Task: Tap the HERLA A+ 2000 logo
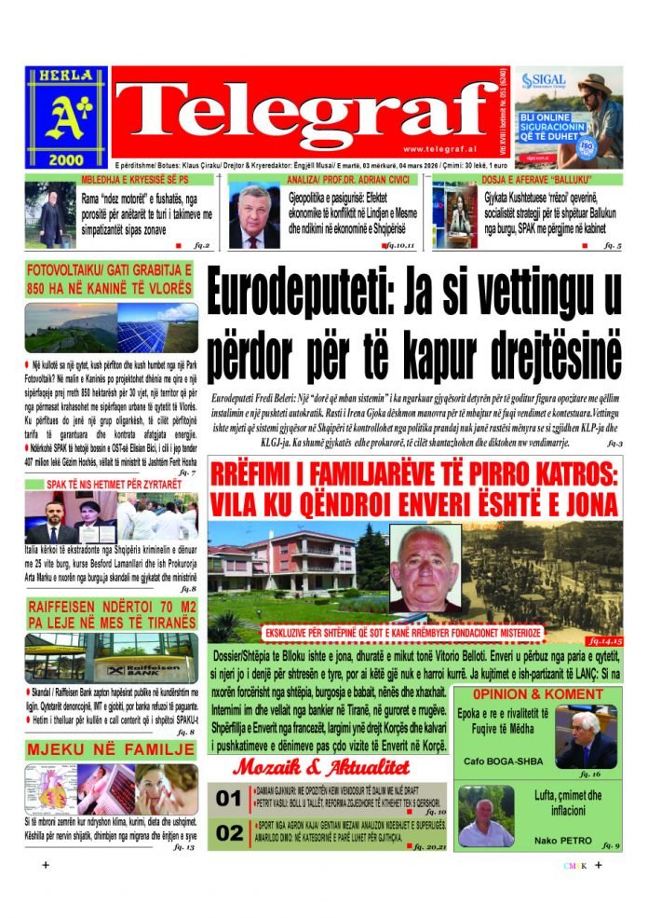coord(66,116)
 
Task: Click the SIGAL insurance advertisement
coord(568,116)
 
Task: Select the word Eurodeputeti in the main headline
coord(296,294)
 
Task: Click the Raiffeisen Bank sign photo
coord(111,657)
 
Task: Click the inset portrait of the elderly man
coord(424,566)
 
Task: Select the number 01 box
coord(228,799)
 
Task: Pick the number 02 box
coord(228,833)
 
